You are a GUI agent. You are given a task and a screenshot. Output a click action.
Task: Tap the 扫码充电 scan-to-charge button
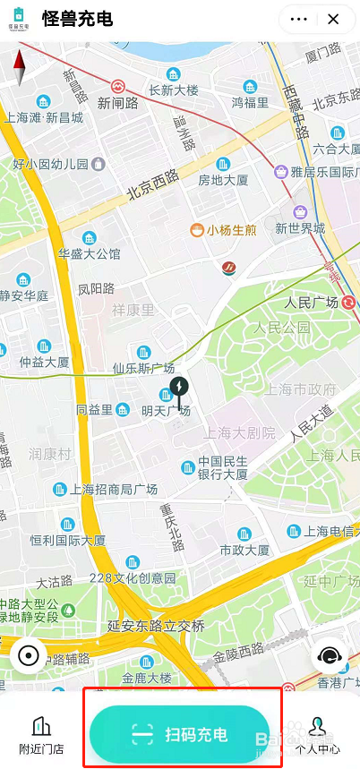180,735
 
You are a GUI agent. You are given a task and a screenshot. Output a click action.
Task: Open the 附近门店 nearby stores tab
41,736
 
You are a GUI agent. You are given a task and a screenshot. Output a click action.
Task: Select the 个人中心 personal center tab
319,736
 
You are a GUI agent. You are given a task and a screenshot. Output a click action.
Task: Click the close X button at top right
333,19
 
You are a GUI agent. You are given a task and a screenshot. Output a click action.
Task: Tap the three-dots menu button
299,19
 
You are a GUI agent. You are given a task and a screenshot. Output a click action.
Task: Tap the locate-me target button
28,655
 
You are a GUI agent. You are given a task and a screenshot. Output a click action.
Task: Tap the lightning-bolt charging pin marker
180,391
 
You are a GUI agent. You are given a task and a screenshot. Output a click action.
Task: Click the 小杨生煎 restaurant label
231,230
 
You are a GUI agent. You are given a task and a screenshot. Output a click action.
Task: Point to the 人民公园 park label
279,328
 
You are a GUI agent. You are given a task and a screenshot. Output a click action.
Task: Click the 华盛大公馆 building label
89,253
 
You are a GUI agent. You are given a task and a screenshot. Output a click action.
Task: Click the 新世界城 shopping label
300,228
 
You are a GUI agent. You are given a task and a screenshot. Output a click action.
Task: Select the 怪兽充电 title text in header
77,19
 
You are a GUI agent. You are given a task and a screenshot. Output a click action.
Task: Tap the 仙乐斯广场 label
142,367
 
